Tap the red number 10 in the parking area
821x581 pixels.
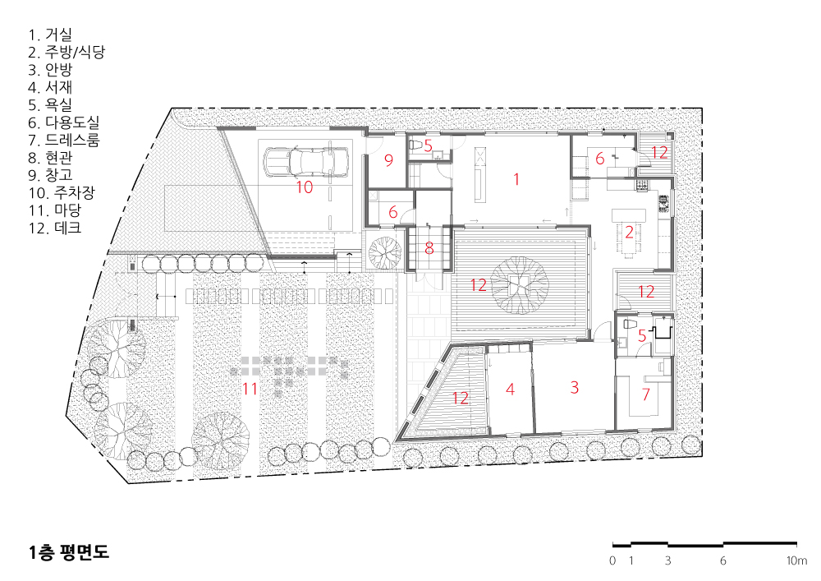305,187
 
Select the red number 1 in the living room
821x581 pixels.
516,179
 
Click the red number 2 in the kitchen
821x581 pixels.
629,232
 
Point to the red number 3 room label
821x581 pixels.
575,388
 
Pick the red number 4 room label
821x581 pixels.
510,389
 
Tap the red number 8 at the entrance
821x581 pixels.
429,248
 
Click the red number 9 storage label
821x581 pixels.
388,160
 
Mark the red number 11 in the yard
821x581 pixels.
250,389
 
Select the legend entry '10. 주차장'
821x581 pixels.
62,193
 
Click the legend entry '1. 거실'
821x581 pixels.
50,35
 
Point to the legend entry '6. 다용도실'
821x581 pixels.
64,122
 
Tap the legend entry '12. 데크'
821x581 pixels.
55,228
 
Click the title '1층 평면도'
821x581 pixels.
69,552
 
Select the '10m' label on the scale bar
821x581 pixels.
796,560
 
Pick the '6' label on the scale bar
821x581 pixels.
723,560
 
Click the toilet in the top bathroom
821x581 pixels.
416,144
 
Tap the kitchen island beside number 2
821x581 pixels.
629,215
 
